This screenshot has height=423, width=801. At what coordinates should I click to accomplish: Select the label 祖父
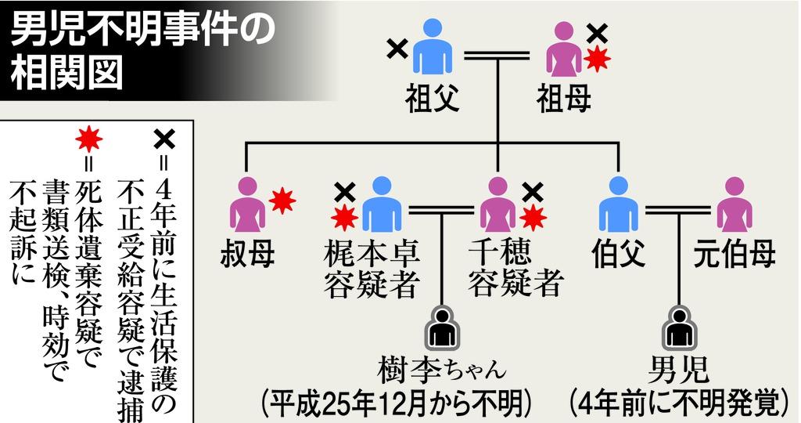coord(431,98)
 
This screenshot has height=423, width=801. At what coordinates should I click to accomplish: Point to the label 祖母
coord(564,98)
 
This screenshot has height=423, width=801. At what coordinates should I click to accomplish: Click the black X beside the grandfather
coord(397,49)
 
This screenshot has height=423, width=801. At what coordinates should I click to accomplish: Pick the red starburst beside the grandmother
coord(597,60)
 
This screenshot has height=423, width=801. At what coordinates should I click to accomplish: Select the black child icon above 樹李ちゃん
coord(442,327)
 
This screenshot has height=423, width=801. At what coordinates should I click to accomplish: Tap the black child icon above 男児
coord(677,327)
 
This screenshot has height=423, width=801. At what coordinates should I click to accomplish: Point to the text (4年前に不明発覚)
coord(677,403)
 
